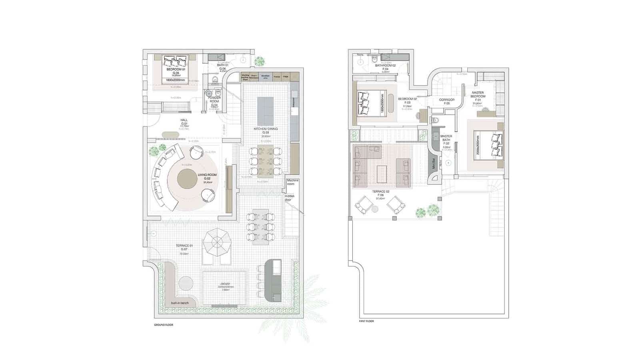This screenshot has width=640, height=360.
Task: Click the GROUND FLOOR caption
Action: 164,325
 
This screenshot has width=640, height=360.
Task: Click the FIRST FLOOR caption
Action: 366,321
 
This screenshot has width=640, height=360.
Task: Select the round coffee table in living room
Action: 187,178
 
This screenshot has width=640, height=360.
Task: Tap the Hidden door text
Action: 290,198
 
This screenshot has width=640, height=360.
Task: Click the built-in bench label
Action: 180,303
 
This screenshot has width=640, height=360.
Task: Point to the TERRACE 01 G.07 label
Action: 184,248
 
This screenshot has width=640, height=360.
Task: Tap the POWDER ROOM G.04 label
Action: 214,102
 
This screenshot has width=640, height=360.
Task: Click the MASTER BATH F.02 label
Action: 446,140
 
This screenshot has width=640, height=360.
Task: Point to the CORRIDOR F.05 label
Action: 446,102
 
